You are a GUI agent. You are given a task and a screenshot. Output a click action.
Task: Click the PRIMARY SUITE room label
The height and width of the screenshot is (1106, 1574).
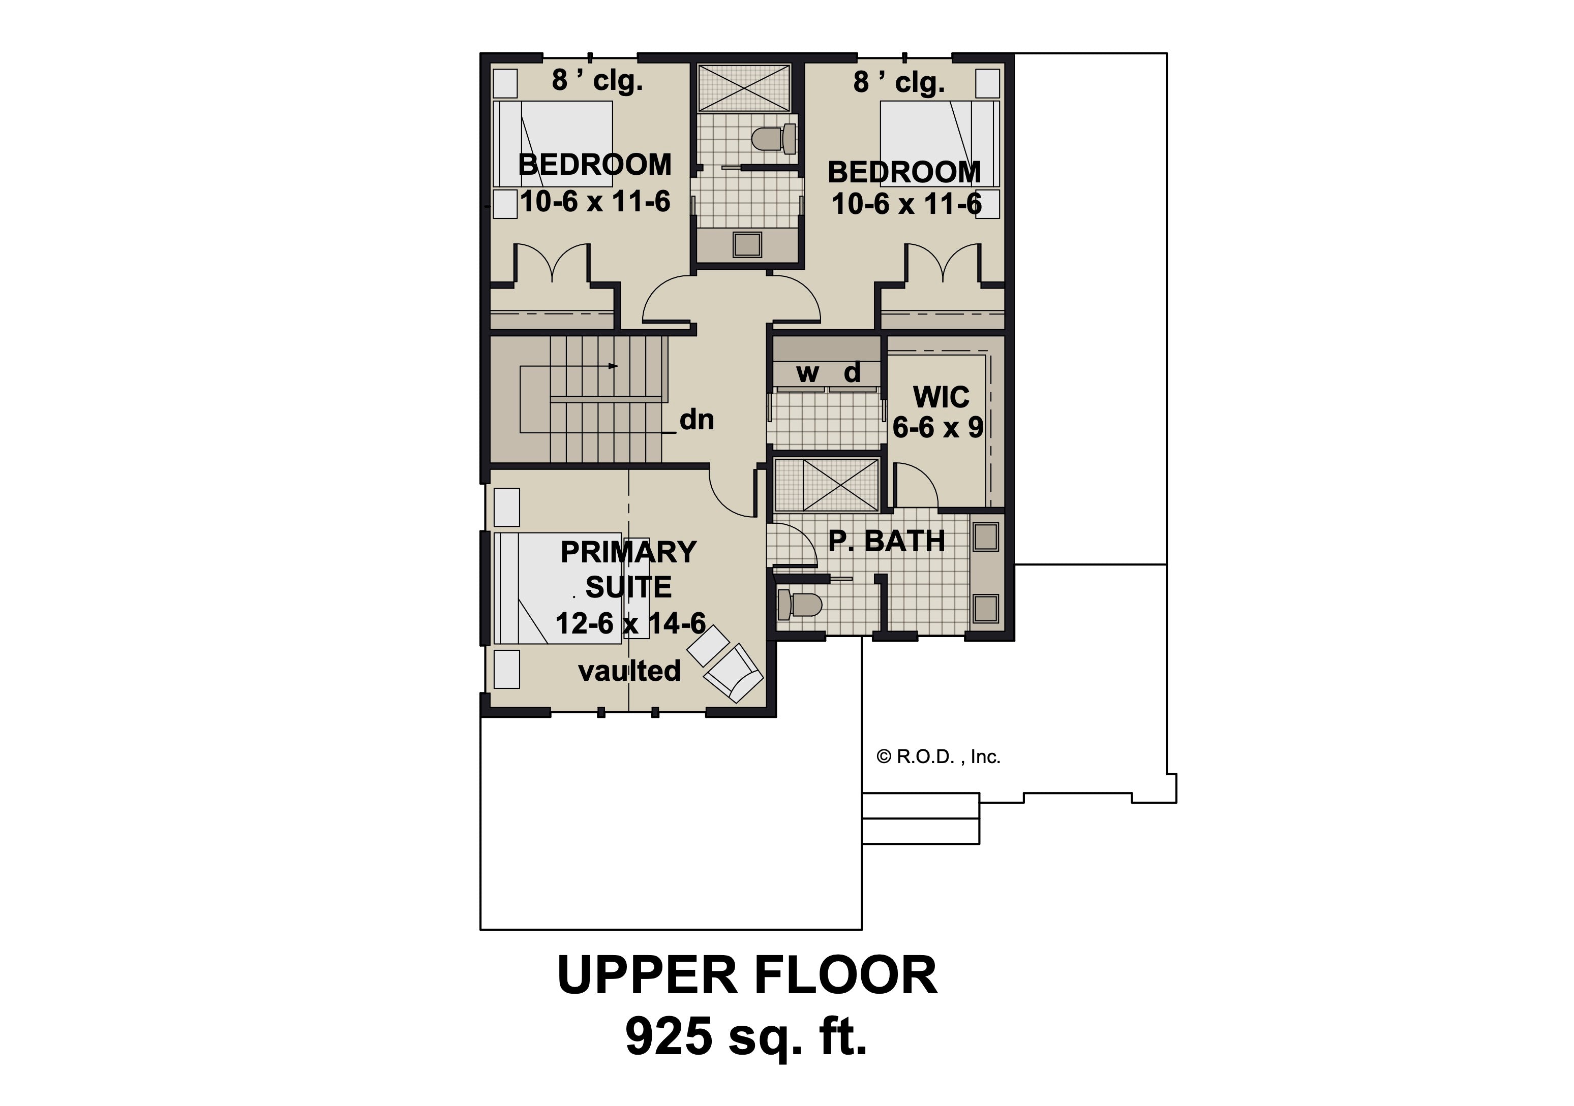[x=629, y=570]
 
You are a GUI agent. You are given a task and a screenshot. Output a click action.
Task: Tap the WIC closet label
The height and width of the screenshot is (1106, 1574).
[x=941, y=397]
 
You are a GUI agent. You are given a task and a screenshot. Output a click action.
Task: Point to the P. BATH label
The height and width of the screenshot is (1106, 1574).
[x=887, y=542]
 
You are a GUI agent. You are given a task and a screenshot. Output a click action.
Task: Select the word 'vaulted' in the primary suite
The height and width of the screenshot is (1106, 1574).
[x=629, y=671]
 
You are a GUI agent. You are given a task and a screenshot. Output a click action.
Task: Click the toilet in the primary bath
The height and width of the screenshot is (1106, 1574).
[x=799, y=605]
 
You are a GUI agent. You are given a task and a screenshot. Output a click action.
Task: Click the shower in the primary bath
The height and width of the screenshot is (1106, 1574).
[x=826, y=485]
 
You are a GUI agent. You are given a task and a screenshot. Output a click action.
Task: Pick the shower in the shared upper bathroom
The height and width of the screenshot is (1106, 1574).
[x=744, y=87]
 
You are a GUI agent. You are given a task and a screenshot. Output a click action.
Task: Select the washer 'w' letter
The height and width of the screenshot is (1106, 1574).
[x=807, y=373]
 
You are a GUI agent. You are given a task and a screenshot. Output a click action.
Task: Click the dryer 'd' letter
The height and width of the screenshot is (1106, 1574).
[x=852, y=372]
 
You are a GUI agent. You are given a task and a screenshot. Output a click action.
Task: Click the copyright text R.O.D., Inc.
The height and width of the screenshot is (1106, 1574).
[x=939, y=756]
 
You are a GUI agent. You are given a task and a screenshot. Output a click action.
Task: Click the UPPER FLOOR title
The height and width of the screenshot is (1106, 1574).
[x=747, y=974]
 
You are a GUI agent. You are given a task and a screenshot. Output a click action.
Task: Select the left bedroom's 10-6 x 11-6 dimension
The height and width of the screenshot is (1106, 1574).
[x=595, y=202]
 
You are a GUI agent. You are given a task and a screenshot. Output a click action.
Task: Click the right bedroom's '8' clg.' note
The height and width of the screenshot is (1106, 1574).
[x=899, y=82]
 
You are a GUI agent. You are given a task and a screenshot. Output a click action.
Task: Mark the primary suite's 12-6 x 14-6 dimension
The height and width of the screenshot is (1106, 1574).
[x=630, y=623]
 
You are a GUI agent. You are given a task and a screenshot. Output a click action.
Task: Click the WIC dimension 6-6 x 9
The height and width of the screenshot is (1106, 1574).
[x=938, y=428]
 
